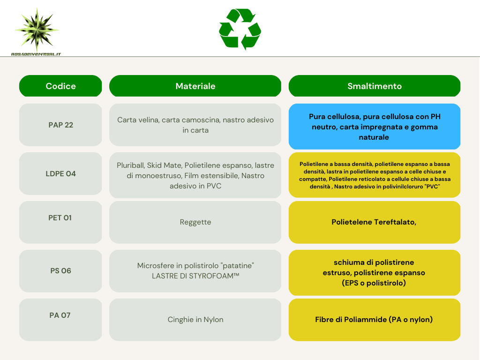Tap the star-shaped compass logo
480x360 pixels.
37,30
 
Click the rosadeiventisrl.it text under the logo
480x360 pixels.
36,54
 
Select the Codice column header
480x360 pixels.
60,86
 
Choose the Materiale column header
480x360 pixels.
195,86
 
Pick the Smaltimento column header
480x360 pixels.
375,86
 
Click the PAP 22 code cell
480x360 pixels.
60,125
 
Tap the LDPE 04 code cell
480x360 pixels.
60,173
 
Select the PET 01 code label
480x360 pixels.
60,217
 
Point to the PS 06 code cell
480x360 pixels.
60,271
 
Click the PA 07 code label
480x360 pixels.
60,315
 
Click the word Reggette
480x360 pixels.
195,222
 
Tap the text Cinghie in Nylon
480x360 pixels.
195,320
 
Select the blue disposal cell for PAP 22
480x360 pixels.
375,127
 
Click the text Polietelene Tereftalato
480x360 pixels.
374,222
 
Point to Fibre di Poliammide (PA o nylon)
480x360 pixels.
374,320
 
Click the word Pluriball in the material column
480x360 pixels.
130,165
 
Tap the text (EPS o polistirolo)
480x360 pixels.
374,283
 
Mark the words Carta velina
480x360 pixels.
138,120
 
